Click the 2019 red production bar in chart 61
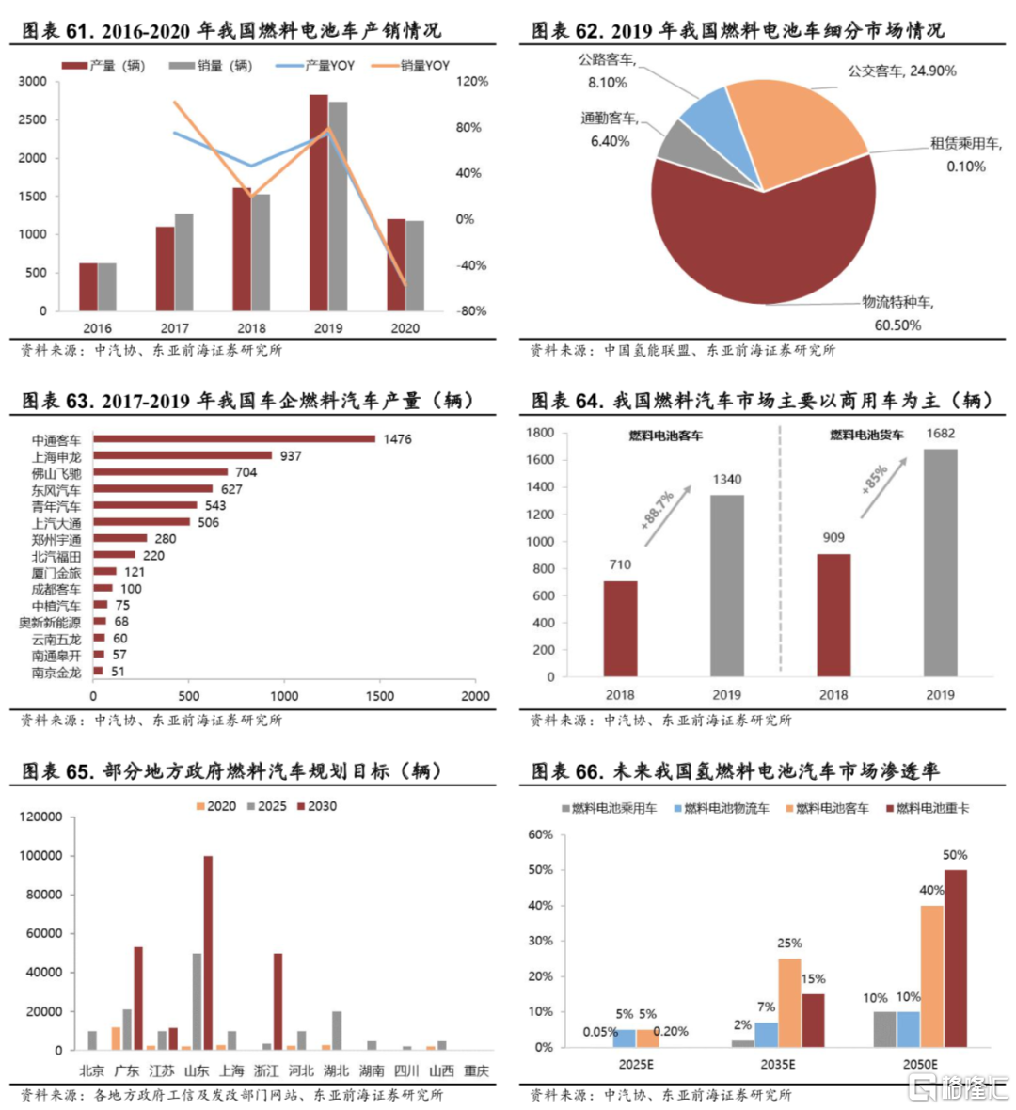pyautogui.click(x=319, y=202)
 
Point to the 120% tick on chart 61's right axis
pyautogui.click(x=472, y=82)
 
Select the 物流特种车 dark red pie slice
pyautogui.click(x=753, y=245)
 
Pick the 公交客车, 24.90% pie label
pyautogui.click(x=901, y=71)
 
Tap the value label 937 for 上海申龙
pyautogui.click(x=291, y=456)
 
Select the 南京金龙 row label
pyautogui.click(x=56, y=673)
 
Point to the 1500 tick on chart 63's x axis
pyautogui.click(x=380, y=697)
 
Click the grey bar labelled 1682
pyautogui.click(x=940, y=563)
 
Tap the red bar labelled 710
pyautogui.click(x=620, y=628)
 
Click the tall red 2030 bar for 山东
pyautogui.click(x=208, y=952)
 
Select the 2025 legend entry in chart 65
pyautogui.click(x=266, y=806)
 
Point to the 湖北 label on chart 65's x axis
pyautogui.click(x=336, y=1070)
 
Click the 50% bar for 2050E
pyautogui.click(x=955, y=958)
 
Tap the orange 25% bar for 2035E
pyautogui.click(x=789, y=1003)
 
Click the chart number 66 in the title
pyautogui.click(x=589, y=771)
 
